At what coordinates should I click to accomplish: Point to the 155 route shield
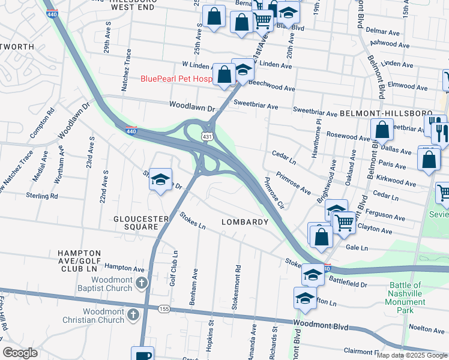point(164,309)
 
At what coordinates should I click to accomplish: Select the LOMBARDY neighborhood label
point(244,222)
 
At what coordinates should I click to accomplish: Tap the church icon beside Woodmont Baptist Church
point(141,283)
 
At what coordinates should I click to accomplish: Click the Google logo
point(20,353)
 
